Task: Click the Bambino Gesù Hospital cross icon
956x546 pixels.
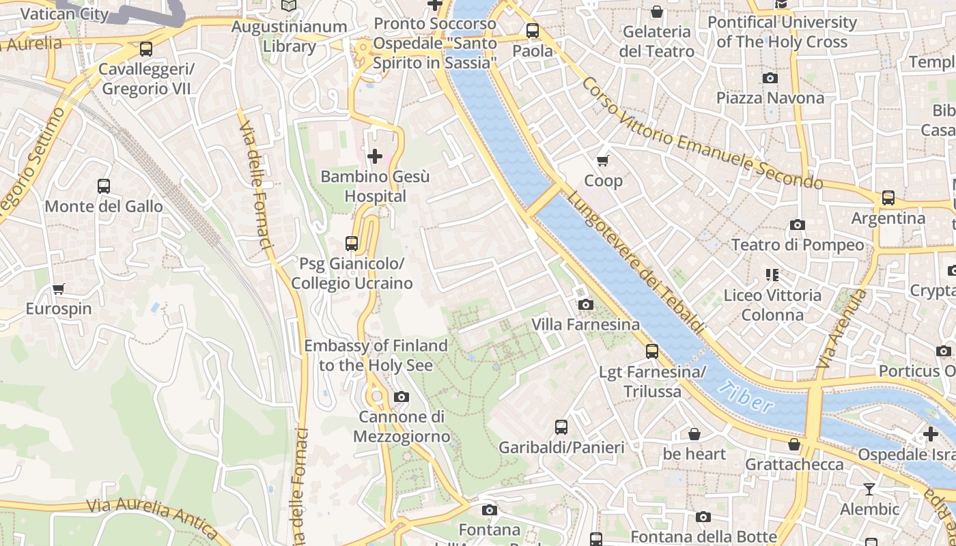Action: pyautogui.click(x=374, y=156)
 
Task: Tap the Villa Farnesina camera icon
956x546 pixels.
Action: pyautogui.click(x=585, y=304)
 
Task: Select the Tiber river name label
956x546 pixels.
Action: pyautogui.click(x=746, y=397)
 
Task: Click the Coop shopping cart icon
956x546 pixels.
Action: pyautogui.click(x=602, y=160)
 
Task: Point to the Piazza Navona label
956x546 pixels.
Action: pyautogui.click(x=770, y=98)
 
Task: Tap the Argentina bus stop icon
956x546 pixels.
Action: pyautogui.click(x=888, y=198)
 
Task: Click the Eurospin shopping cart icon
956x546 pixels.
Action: pyautogui.click(x=59, y=289)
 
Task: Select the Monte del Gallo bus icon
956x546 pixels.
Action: pyautogui.click(x=104, y=186)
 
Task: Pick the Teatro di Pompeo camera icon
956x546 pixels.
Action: pyautogui.click(x=797, y=225)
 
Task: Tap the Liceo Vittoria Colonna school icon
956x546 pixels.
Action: pyautogui.click(x=772, y=275)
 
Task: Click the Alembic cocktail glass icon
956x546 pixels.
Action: pyautogui.click(x=869, y=489)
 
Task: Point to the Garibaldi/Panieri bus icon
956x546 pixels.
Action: pyautogui.click(x=561, y=427)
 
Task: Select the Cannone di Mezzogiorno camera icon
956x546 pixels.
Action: pyautogui.click(x=402, y=397)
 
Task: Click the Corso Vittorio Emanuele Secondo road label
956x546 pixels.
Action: pyautogui.click(x=702, y=133)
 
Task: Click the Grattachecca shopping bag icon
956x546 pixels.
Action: pyautogui.click(x=793, y=444)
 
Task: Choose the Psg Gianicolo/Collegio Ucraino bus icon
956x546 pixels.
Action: pyautogui.click(x=352, y=243)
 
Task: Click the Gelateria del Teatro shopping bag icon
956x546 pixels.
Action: pyautogui.click(x=656, y=12)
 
